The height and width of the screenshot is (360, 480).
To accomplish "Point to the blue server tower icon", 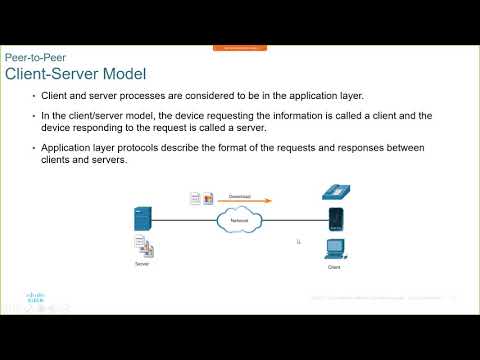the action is click(142, 219).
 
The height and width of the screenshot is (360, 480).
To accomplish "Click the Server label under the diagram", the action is click(142, 264).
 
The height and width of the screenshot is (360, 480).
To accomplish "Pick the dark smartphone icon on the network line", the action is click(336, 219).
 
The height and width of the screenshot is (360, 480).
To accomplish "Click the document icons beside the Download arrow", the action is click(200, 199).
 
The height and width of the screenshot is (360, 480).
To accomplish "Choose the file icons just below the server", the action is click(142, 245).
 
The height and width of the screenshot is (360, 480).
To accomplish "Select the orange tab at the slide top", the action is click(239, 47).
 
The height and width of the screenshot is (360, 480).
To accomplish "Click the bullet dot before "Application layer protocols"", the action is click(32, 148).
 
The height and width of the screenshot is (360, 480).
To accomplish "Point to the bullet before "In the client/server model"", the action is click(32, 116).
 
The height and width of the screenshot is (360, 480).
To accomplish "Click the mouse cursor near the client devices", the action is click(299, 241).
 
